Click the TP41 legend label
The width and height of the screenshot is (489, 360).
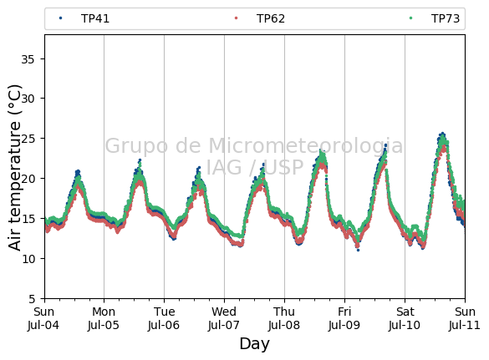point(95,18)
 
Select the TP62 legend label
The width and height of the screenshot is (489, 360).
point(271,18)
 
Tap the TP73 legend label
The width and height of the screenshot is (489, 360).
point(446,18)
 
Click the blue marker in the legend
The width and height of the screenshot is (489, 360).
point(60,18)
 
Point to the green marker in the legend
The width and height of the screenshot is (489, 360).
point(410,18)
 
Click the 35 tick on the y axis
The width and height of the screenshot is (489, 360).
point(28,59)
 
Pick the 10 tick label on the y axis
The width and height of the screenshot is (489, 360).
point(28,259)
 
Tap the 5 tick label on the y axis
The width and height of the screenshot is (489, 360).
point(32,299)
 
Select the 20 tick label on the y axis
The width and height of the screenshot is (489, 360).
point(28,179)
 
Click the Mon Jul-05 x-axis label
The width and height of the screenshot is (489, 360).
point(104,318)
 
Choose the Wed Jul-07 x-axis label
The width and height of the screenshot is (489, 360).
point(224,318)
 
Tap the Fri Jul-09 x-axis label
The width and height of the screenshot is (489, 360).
point(344,318)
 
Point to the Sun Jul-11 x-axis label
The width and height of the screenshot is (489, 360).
point(465,318)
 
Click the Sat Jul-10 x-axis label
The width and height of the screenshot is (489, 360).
point(405,318)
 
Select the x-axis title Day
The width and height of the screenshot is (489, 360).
point(254,344)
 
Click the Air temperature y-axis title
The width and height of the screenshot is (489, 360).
point(14,168)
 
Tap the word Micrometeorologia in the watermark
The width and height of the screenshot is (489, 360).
point(306,146)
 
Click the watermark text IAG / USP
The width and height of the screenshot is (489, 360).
point(254,167)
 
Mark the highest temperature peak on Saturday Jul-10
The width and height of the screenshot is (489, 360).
point(442,134)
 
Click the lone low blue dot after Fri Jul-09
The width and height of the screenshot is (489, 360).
point(358,250)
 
